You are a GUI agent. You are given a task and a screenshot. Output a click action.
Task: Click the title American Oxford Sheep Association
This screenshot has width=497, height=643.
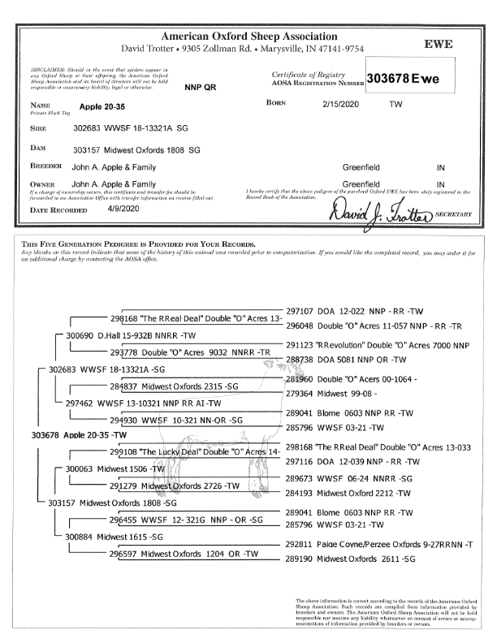click(249, 37)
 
